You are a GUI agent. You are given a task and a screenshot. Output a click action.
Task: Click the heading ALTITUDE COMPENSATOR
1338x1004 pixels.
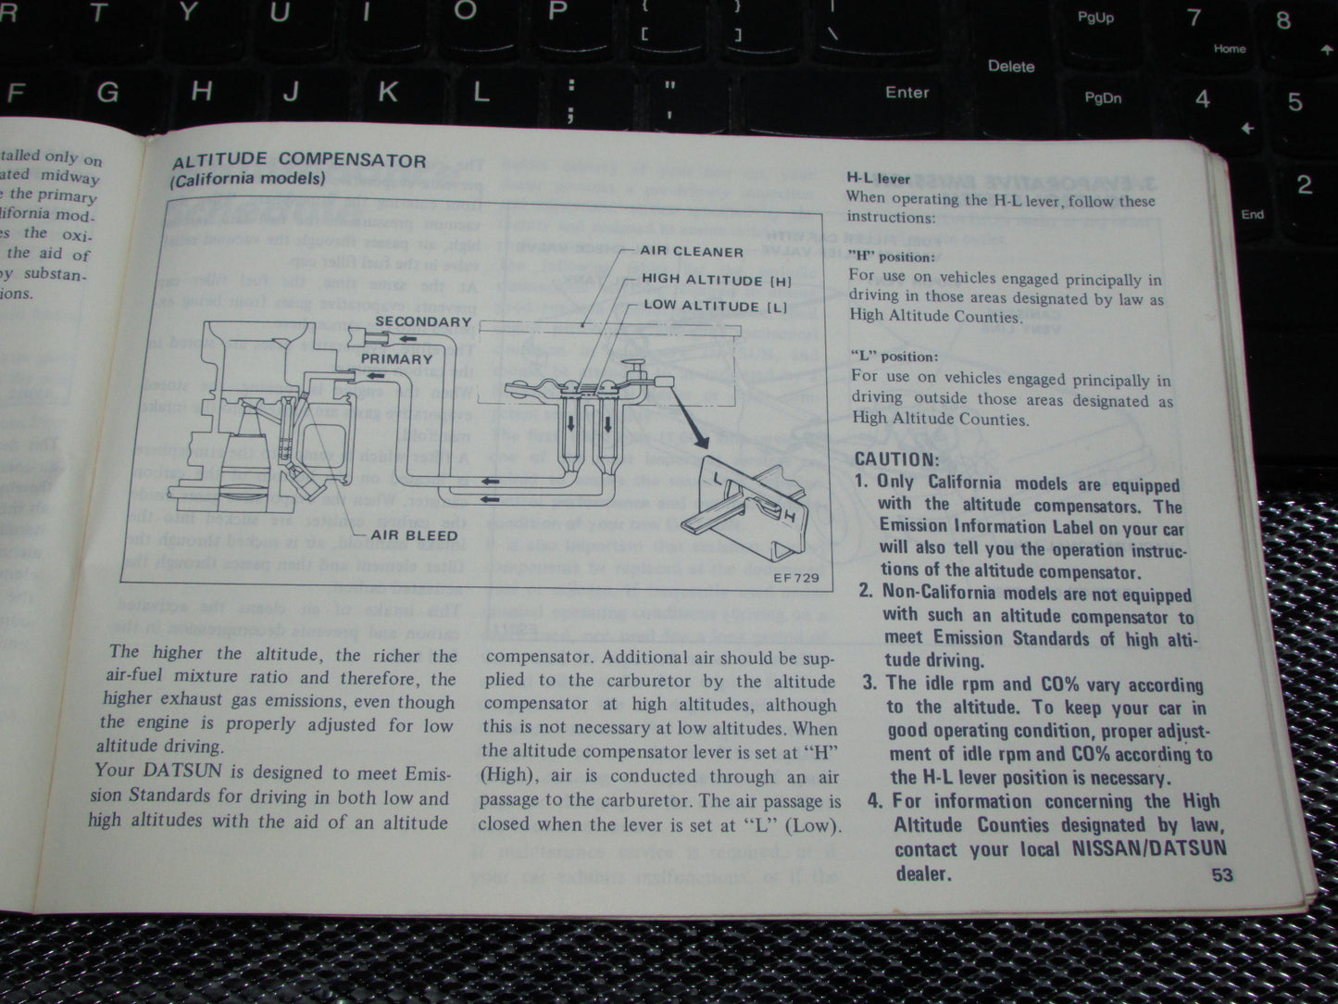click(x=299, y=160)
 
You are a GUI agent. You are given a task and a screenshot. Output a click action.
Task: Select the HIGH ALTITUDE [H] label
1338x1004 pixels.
click(x=716, y=280)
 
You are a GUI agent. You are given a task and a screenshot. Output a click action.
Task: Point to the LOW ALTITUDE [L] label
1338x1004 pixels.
click(x=714, y=306)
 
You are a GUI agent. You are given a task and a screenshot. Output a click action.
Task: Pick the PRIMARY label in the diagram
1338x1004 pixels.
click(x=396, y=358)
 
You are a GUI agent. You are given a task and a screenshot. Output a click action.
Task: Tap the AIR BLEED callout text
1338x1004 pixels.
click(x=414, y=535)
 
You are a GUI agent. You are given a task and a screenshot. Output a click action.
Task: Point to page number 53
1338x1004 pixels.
click(x=1222, y=873)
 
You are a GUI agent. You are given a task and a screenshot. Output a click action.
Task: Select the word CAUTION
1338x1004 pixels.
click(x=896, y=459)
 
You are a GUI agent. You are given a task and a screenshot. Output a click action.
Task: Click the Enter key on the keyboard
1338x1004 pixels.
click(x=907, y=93)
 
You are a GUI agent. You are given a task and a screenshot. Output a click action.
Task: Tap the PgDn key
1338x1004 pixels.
click(x=1103, y=98)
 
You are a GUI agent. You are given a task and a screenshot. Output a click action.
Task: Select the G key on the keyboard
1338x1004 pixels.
click(x=108, y=93)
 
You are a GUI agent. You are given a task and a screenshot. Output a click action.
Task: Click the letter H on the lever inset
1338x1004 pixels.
click(x=788, y=515)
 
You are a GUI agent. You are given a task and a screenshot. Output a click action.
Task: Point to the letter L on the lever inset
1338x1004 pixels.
click(x=719, y=478)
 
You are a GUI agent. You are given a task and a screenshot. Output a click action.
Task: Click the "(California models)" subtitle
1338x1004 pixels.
click(x=247, y=179)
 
